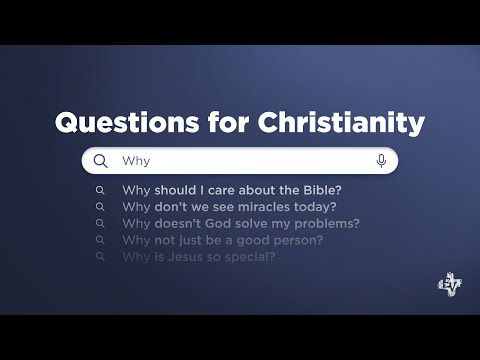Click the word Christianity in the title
(x=340, y=124)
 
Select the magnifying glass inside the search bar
(x=100, y=160)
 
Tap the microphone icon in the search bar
(x=381, y=160)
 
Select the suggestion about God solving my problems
(x=240, y=223)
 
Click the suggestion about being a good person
(x=222, y=240)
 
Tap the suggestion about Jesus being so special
(x=198, y=257)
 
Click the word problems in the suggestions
(x=328, y=223)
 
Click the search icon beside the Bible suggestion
(x=100, y=190)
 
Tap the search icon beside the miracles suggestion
(x=100, y=207)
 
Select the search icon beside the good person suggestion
(x=100, y=240)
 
